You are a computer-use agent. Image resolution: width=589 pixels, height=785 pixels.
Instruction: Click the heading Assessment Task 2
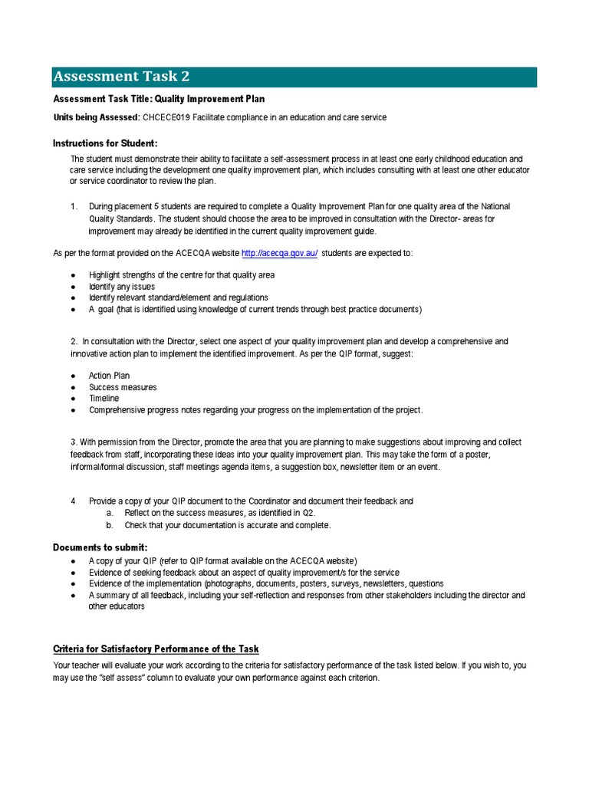click(121, 77)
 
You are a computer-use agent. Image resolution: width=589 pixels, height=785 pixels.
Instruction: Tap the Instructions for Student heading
click(105, 143)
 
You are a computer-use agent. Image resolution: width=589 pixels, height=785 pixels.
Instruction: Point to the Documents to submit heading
click(100, 547)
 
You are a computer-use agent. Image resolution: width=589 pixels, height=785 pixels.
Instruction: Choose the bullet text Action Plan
click(109, 376)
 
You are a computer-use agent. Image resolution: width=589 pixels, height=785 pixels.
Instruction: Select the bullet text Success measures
click(123, 387)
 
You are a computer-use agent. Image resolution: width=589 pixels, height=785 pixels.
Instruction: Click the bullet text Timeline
click(104, 399)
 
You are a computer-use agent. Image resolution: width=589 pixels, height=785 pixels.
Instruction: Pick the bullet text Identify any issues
click(122, 286)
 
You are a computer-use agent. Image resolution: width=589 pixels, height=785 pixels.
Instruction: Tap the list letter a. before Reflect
click(110, 513)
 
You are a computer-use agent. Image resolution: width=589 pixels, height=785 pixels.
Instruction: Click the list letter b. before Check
click(110, 525)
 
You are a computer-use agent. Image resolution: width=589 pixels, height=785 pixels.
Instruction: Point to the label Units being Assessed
click(96, 117)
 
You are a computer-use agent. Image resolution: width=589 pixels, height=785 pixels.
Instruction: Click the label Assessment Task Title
click(102, 99)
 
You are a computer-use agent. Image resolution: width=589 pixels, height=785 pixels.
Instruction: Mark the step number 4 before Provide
click(73, 501)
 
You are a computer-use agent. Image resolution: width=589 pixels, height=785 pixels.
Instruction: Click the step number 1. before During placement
click(74, 207)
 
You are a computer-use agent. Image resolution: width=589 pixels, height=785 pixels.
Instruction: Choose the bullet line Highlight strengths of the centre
click(182, 274)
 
